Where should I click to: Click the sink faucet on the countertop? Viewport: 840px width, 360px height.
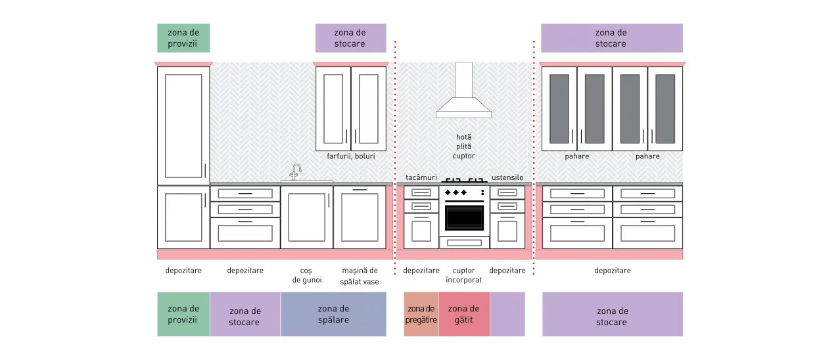pyautogui.click(x=296, y=172)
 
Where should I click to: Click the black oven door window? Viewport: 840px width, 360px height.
pyautogui.click(x=464, y=217)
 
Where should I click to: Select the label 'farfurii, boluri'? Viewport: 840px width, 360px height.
pyautogui.click(x=350, y=156)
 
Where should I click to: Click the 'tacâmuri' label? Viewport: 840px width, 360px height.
pyautogui.click(x=421, y=177)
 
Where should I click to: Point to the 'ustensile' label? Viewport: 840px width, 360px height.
pyautogui.click(x=507, y=177)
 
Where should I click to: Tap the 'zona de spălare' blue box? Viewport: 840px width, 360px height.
pyautogui.click(x=333, y=314)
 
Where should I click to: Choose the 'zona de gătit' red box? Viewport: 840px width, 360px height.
pyautogui.click(x=464, y=314)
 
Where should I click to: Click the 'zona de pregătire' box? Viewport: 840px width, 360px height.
pyautogui.click(x=421, y=314)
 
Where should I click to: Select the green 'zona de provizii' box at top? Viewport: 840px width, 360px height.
pyautogui.click(x=183, y=38)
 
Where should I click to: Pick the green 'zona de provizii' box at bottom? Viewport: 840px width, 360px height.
pyautogui.click(x=183, y=314)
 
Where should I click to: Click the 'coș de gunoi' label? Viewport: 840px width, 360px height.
pyautogui.click(x=307, y=275)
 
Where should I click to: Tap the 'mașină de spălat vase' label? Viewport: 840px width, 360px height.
pyautogui.click(x=360, y=276)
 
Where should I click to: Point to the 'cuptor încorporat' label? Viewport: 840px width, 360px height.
pyautogui.click(x=463, y=275)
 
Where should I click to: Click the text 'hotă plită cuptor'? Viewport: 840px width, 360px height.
pyautogui.click(x=463, y=146)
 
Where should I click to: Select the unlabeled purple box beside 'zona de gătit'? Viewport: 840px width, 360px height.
pyautogui.click(x=507, y=314)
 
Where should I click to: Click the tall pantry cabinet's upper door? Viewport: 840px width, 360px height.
pyautogui.click(x=183, y=125)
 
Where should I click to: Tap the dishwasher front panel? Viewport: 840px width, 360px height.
pyautogui.click(x=360, y=217)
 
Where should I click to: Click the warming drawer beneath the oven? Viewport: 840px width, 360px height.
pyautogui.click(x=464, y=243)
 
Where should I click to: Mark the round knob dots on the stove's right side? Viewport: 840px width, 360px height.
pyautogui.click(x=482, y=192)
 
